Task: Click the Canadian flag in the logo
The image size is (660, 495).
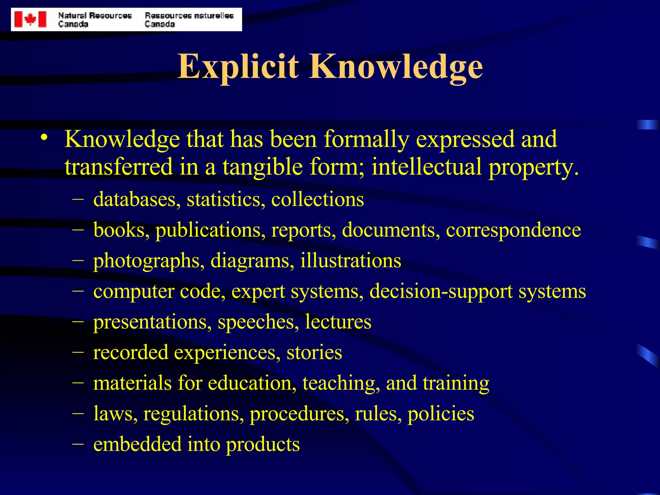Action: tap(31, 19)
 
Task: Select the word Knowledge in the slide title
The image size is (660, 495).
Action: tap(396, 67)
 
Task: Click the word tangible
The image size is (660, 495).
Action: tap(263, 167)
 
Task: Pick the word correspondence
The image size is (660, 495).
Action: tap(513, 230)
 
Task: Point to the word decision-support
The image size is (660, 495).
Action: tap(441, 291)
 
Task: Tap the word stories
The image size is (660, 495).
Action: tap(314, 352)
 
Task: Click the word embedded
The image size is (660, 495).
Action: tap(137, 444)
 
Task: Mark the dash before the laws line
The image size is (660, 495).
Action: tap(78, 412)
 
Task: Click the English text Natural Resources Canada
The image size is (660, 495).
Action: tap(95, 20)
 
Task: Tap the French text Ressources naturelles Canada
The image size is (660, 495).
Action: tap(189, 20)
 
